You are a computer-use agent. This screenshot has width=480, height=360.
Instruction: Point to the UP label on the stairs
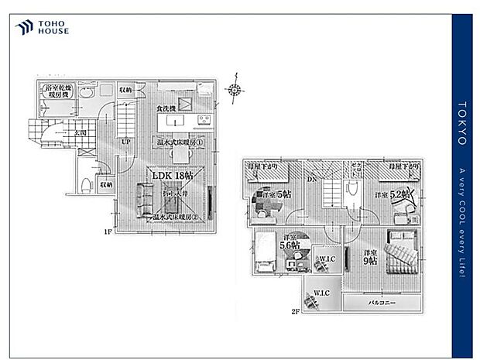(x=125, y=142)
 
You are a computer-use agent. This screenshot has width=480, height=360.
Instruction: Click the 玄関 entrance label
(x=81, y=133)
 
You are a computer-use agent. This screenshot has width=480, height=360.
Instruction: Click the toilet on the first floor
(x=85, y=184)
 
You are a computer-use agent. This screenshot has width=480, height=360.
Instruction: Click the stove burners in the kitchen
(x=204, y=120)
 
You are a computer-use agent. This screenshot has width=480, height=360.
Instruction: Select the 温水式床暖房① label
(x=177, y=142)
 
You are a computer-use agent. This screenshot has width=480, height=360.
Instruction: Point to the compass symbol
(x=235, y=90)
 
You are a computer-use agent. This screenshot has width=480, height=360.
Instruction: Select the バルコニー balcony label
(x=382, y=302)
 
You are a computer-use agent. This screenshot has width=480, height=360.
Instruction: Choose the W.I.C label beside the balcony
(x=322, y=293)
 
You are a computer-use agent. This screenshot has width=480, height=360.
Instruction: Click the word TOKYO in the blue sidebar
(x=462, y=123)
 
